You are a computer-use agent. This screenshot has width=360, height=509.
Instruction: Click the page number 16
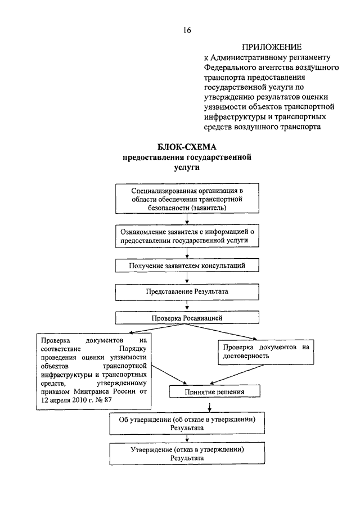tap(187, 30)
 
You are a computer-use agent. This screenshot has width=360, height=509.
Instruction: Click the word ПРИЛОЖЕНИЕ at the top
tap(271, 47)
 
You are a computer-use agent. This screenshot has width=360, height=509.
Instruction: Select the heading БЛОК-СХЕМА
tap(187, 147)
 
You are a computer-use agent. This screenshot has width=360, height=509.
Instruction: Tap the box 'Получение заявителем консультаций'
tap(187, 265)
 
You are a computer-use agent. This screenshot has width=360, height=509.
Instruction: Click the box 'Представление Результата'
tap(187, 292)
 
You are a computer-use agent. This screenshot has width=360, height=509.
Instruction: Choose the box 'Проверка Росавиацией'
tap(187, 317)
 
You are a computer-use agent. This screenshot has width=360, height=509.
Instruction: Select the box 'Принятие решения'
tap(214, 391)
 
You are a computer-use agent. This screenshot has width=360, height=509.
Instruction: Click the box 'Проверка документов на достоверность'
tap(266, 352)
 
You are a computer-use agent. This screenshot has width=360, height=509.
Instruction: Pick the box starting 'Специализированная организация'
tap(187, 199)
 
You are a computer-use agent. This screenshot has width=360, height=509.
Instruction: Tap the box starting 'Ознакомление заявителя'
tap(187, 236)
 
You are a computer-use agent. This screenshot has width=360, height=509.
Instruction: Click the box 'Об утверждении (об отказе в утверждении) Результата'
tap(187, 424)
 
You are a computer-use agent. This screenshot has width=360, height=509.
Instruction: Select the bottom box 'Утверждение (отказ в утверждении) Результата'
tap(187, 453)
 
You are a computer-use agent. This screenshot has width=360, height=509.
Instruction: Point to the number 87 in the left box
tap(108, 400)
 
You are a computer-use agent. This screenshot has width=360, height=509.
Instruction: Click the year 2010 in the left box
tap(79, 400)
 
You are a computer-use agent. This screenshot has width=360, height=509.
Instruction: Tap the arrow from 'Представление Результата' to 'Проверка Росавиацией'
tap(187, 305)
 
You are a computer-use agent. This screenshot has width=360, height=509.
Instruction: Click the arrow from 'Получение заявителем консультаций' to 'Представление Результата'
tap(187, 278)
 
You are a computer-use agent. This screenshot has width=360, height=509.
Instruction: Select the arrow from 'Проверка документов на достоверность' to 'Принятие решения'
tap(236, 375)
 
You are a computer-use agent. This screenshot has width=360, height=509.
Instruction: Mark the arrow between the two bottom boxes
tap(187, 439)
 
